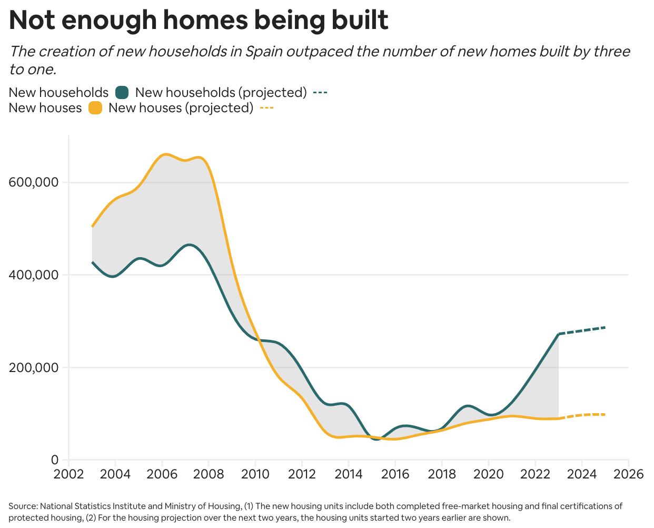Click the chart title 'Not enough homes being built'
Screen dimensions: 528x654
(x=199, y=21)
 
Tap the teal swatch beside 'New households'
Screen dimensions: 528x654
(x=122, y=93)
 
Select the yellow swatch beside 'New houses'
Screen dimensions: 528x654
(x=95, y=108)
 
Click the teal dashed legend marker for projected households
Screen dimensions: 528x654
(x=320, y=93)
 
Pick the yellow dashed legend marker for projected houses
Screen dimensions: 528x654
(x=266, y=108)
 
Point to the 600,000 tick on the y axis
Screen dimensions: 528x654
(x=33, y=182)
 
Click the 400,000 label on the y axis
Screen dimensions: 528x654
(x=33, y=275)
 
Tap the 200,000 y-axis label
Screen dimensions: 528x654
(x=33, y=368)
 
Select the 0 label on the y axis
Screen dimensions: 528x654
(x=55, y=460)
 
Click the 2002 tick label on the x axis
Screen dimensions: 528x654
(x=68, y=474)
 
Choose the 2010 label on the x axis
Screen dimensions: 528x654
(x=255, y=474)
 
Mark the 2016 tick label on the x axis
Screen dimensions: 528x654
(x=395, y=474)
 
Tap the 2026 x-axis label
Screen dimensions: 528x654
(x=629, y=474)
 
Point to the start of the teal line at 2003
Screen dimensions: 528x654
(x=92, y=262)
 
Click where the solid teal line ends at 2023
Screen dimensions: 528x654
(x=558, y=334)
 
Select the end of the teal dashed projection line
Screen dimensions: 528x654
(x=605, y=327)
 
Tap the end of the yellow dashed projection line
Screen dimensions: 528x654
(x=605, y=415)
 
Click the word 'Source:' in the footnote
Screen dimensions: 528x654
(x=23, y=506)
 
